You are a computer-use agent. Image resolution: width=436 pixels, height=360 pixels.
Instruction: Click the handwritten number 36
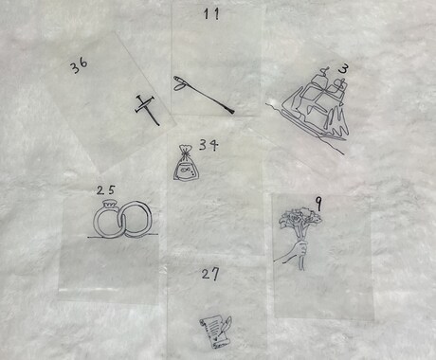tap(79, 66)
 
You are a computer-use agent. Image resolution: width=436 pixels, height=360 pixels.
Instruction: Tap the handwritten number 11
tap(211, 14)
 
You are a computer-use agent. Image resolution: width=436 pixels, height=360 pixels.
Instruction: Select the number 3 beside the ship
tap(343, 69)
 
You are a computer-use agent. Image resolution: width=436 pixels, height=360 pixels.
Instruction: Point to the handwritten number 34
tap(209, 145)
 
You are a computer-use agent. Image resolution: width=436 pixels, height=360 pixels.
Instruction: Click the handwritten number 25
tap(106, 190)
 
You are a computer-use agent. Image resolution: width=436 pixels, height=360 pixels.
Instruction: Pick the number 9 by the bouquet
tap(318, 204)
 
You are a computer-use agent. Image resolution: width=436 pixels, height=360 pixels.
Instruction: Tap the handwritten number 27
tap(210, 274)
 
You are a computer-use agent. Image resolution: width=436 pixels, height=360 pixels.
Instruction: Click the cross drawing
tap(147, 109)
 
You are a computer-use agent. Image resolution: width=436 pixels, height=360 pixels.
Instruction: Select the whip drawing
tap(204, 94)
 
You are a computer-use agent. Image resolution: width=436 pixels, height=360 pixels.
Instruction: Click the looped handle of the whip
tap(179, 83)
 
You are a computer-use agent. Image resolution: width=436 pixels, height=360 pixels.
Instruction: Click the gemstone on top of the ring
tap(110, 204)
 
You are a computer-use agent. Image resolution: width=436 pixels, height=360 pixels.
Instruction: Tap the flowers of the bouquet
tap(300, 218)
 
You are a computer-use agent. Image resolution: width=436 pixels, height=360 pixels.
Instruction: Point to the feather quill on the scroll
tap(227, 323)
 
